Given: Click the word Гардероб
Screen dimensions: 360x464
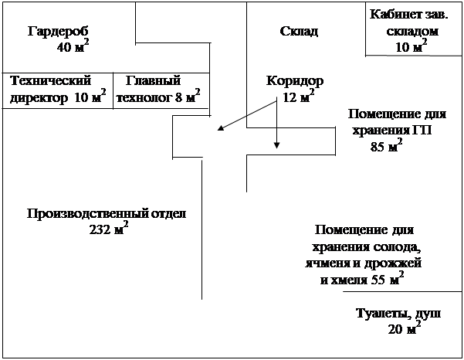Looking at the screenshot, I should pyautogui.click(x=59, y=32).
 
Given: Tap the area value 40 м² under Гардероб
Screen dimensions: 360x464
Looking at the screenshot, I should pyautogui.click(x=72, y=48).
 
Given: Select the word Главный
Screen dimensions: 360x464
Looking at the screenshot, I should pyautogui.click(x=153, y=80).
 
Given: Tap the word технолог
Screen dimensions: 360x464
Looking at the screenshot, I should pyautogui.click(x=143, y=98).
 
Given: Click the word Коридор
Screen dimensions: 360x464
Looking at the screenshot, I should pyautogui.click(x=294, y=80).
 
